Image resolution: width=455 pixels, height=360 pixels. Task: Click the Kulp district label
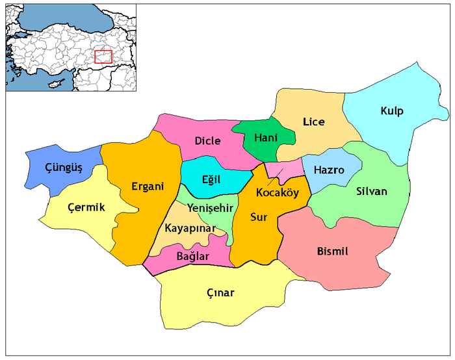[x=392, y=111]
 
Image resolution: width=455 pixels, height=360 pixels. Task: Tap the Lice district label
[x=313, y=122]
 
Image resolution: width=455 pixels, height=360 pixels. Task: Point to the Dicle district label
[x=207, y=140]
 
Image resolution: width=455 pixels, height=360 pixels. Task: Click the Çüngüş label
[x=64, y=168]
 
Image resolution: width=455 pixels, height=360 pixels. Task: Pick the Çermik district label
[x=86, y=207]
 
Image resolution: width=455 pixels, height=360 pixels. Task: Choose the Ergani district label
[x=147, y=186]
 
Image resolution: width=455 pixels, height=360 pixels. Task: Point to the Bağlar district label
[x=193, y=256]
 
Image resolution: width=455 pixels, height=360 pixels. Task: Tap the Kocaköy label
[x=277, y=193]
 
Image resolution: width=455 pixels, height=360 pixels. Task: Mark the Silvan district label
[x=371, y=191]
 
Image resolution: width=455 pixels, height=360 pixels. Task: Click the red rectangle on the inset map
[x=103, y=57]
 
